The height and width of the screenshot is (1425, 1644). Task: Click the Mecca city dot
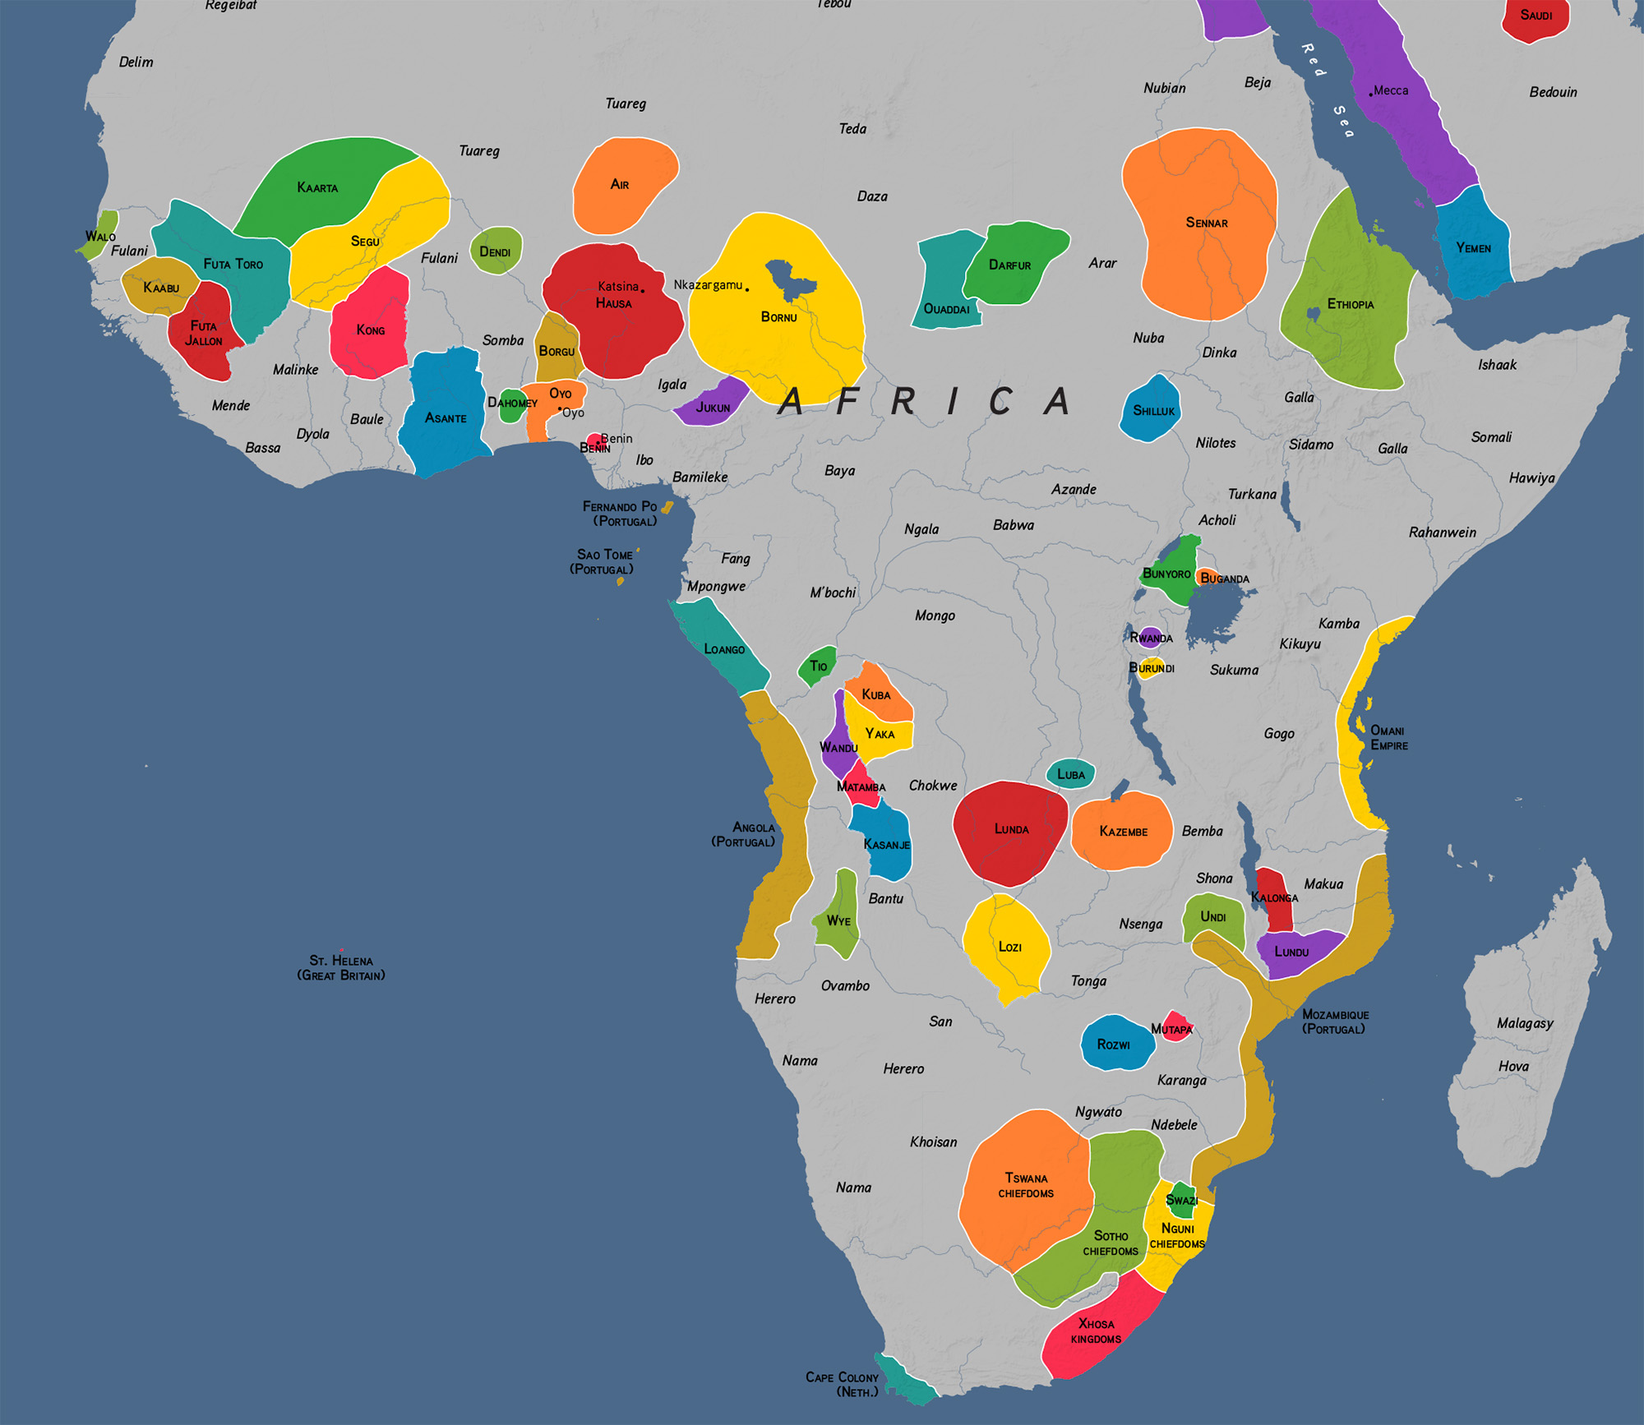(x=1370, y=95)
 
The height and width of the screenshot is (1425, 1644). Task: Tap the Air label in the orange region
(x=620, y=184)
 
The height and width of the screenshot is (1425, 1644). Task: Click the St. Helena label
(x=340, y=967)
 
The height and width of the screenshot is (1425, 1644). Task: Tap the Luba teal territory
(x=1070, y=774)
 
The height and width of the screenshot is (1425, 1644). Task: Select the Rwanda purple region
(x=1151, y=638)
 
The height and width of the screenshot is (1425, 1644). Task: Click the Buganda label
(x=1225, y=579)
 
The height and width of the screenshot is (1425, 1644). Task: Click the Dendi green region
(x=496, y=251)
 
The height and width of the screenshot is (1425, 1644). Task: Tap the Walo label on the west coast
(x=100, y=236)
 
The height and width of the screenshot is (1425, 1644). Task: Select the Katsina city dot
(x=642, y=290)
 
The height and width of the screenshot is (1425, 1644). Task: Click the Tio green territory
(x=817, y=665)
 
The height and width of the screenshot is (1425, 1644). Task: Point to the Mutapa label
(x=1171, y=1029)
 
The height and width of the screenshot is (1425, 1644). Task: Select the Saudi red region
(x=1535, y=18)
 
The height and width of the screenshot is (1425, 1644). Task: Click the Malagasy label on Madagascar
(x=1525, y=1023)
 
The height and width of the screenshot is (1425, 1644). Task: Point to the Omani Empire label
(x=1388, y=737)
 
